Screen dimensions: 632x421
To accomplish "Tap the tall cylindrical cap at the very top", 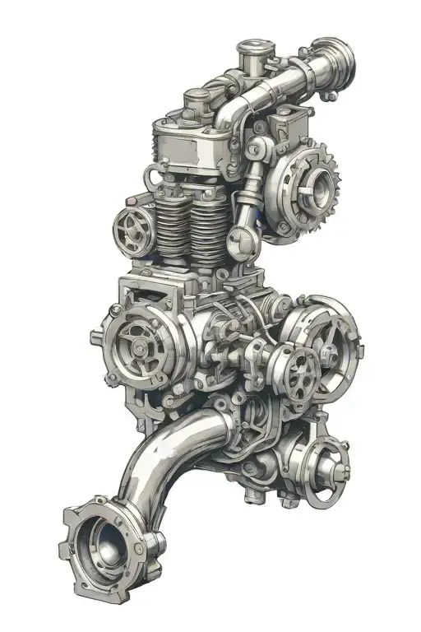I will (x=250, y=58).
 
